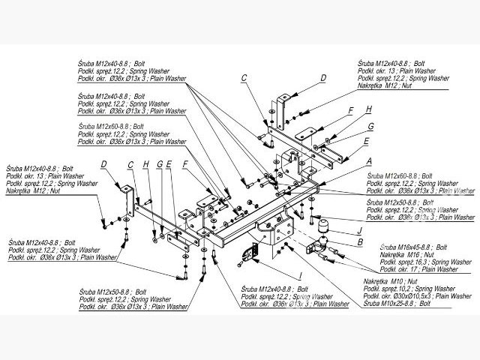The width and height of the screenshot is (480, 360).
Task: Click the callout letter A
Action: pyautogui.click(x=369, y=160)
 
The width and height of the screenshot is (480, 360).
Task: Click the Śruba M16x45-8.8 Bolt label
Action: pyautogui.click(x=414, y=246)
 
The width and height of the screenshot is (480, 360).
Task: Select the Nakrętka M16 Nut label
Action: pyautogui.click(x=405, y=254)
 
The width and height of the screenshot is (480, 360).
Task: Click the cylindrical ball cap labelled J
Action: pyautogui.click(x=325, y=227)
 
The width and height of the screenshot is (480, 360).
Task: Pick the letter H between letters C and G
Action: pyautogui.click(x=147, y=163)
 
